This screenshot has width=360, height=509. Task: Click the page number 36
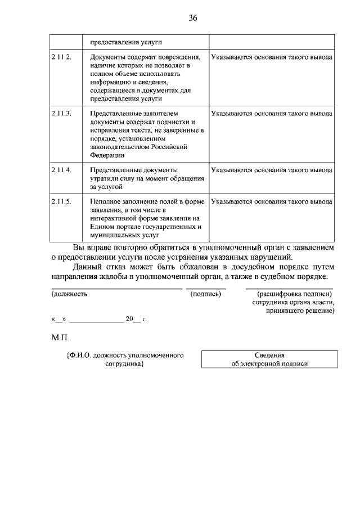[x=193, y=18]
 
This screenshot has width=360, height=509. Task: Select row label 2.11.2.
[x=61, y=57]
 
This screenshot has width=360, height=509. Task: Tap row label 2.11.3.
[x=61, y=114]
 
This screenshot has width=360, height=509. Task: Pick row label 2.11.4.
[x=61, y=170]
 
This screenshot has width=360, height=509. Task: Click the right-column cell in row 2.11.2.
[x=271, y=57]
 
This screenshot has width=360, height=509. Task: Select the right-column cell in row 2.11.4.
[x=271, y=170]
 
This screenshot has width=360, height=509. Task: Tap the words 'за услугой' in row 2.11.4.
[x=105, y=187]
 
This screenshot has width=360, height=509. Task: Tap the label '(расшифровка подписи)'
[x=295, y=294]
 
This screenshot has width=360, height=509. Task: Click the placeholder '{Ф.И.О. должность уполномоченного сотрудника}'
[x=125, y=359]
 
